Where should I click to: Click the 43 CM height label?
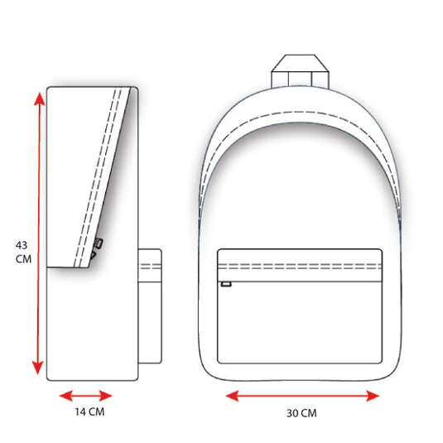(23, 252)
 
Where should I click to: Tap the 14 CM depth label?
(89, 412)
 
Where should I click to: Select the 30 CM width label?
(301, 413)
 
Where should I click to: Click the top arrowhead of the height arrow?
(39, 99)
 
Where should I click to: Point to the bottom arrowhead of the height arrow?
(37, 368)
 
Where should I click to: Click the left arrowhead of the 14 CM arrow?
(65, 396)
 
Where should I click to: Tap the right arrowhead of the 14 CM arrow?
(106, 396)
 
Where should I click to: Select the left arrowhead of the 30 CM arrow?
(232, 396)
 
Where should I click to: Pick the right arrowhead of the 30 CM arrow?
(373, 396)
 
